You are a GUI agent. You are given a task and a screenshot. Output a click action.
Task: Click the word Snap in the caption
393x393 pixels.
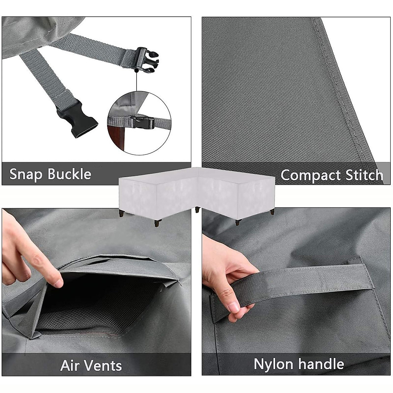pos(26,174)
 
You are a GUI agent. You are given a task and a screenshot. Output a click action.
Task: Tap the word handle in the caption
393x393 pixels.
pos(321,364)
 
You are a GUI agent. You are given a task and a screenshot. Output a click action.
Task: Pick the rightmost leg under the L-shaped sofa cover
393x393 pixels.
pos(272,212)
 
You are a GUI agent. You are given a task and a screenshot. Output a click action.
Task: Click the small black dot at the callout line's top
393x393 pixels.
pos(136,70)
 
